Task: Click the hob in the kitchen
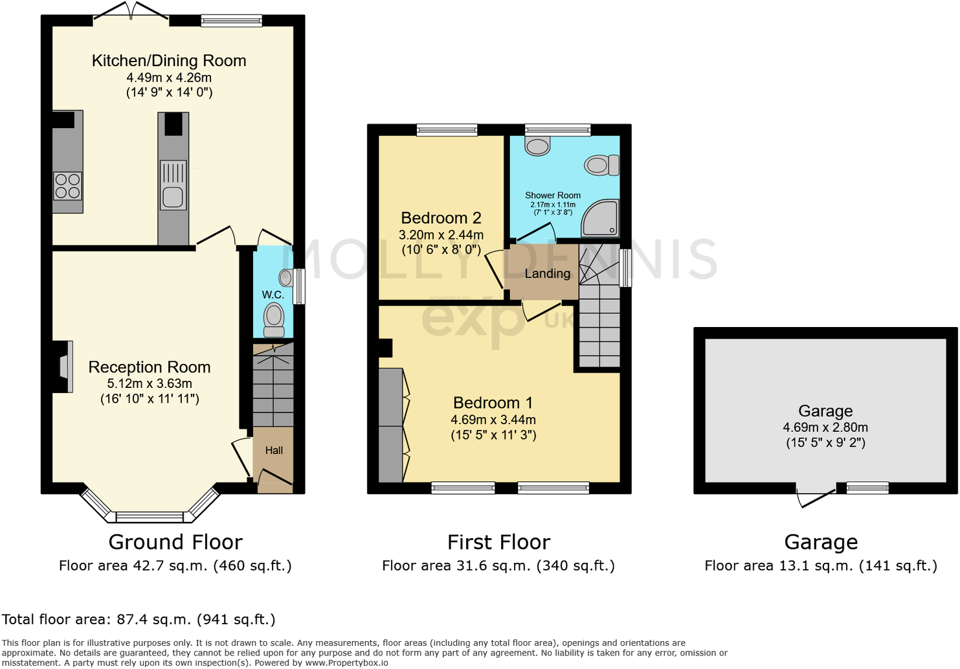[x=67, y=186]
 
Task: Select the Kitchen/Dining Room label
[x=169, y=61]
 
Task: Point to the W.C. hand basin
[x=285, y=278]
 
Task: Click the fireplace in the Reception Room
[x=63, y=367]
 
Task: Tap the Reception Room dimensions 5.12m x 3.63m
[x=150, y=383]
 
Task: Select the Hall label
[x=274, y=451]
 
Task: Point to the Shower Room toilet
[x=600, y=165]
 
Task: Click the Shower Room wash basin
[x=537, y=146]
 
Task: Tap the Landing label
[x=548, y=274]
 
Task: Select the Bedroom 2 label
[x=441, y=218]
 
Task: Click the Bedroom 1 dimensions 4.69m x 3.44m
[x=493, y=420]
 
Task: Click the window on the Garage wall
[x=867, y=488]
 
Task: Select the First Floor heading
[x=498, y=542]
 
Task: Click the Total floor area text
[x=139, y=620]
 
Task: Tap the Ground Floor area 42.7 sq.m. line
[x=175, y=566]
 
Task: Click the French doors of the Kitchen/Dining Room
[x=131, y=13]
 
